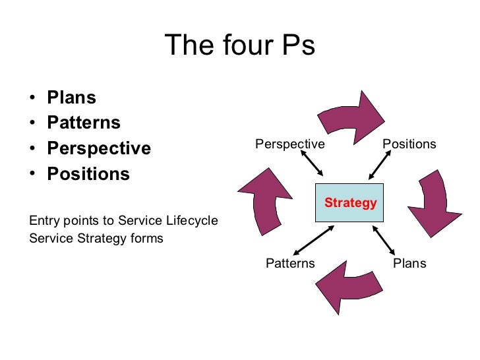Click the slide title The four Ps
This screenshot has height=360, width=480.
[239, 46]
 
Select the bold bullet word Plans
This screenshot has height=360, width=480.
[71, 98]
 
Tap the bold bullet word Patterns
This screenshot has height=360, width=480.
[84, 123]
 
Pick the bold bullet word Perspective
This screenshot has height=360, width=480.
[99, 148]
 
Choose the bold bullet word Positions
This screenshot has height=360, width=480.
[88, 174]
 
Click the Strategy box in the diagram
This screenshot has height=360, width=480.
[349, 202]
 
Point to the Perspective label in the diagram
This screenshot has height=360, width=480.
[290, 144]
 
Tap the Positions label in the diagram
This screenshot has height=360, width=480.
[409, 144]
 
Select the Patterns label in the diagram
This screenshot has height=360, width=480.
[290, 264]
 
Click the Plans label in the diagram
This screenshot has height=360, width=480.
[409, 264]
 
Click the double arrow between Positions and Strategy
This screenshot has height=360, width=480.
[382, 167]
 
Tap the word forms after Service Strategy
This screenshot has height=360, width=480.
[147, 238]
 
